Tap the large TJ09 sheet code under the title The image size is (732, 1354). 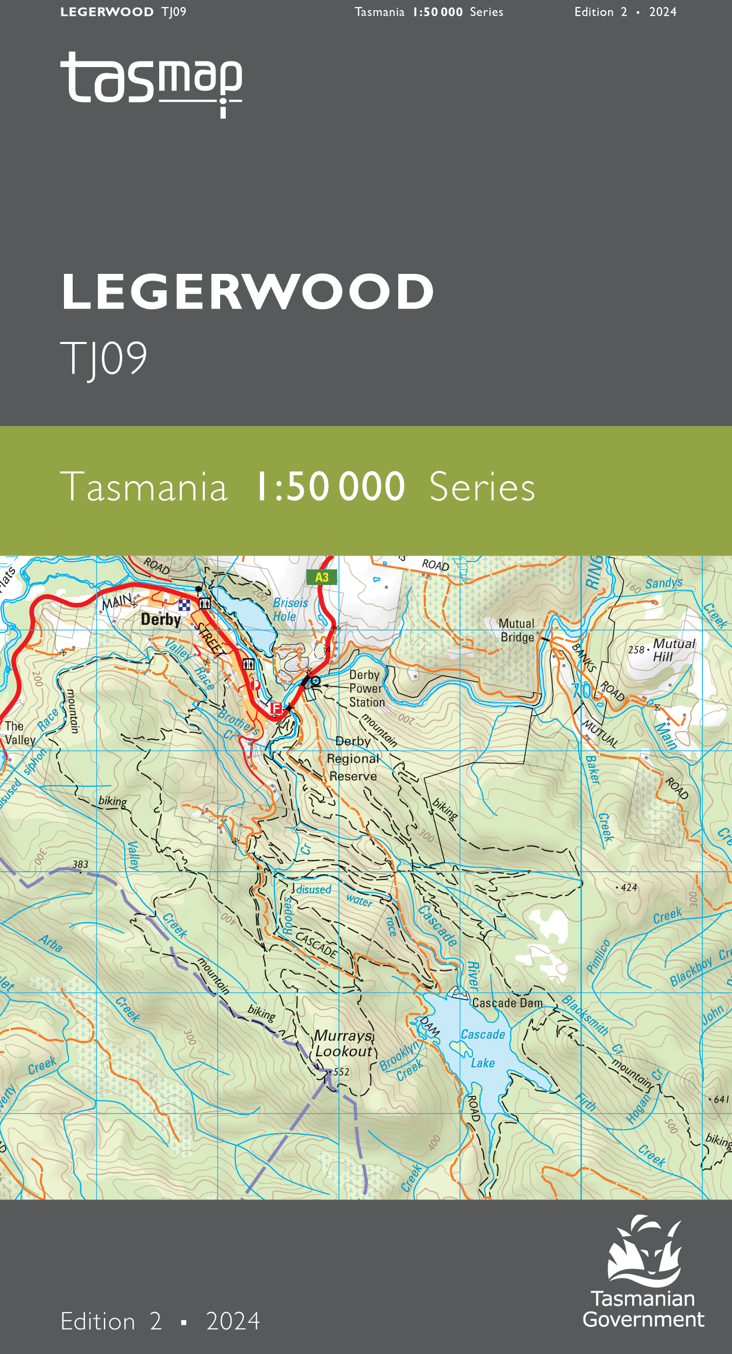(104, 358)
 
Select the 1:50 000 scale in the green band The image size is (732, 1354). (330, 487)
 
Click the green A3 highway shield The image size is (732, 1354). (321, 577)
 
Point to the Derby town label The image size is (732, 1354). (161, 620)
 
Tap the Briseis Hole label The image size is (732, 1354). (290, 610)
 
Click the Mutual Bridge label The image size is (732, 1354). (516, 630)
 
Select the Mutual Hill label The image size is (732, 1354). (674, 650)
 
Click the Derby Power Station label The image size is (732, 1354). (367, 689)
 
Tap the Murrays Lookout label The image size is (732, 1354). (343, 1043)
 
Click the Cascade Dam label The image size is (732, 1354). (507, 1003)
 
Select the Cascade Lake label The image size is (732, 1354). (482, 1048)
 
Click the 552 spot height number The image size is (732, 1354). (341, 1072)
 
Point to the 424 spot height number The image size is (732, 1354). (629, 888)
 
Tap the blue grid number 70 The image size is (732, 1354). (581, 690)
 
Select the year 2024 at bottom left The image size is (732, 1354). (233, 1321)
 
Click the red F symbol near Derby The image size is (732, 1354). (276, 708)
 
